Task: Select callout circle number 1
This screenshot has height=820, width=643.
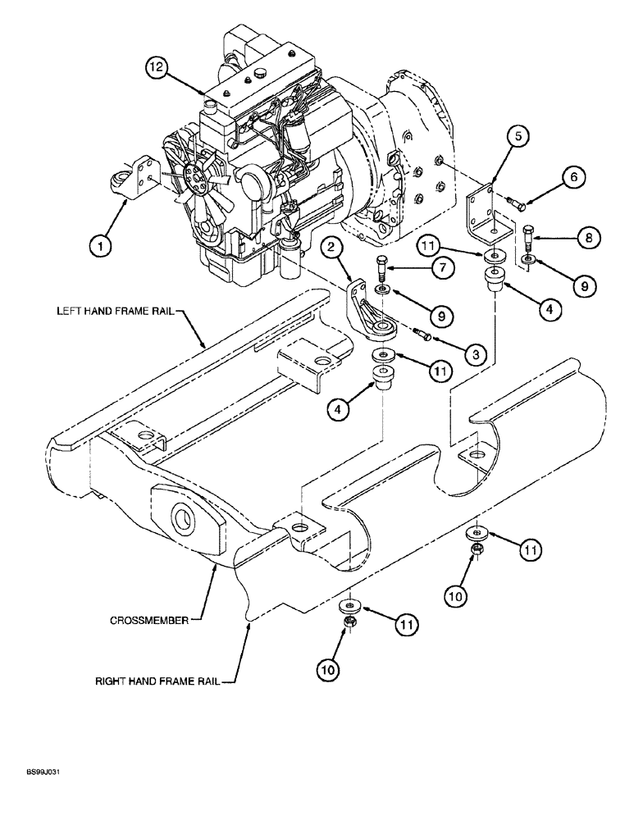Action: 99,243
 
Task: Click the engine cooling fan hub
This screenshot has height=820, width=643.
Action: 193,175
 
